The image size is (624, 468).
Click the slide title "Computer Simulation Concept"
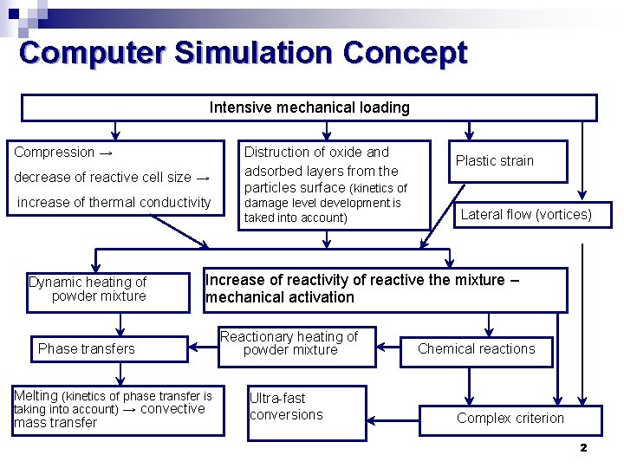point(243,53)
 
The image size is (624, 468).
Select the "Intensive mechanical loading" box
point(309,107)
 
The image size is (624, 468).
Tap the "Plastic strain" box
point(495,160)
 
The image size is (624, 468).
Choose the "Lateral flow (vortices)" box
point(526,214)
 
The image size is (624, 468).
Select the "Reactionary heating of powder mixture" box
point(296,345)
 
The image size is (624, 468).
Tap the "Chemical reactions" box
point(476,349)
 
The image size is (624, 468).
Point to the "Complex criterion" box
point(510,419)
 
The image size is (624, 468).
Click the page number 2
point(583,447)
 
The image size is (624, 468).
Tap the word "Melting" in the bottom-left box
point(36,395)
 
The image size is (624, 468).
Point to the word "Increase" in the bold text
point(235,280)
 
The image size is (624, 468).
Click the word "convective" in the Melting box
point(172,409)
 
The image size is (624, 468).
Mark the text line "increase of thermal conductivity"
point(114,203)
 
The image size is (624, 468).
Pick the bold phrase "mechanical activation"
point(280,297)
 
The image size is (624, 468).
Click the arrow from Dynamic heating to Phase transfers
point(120,323)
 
